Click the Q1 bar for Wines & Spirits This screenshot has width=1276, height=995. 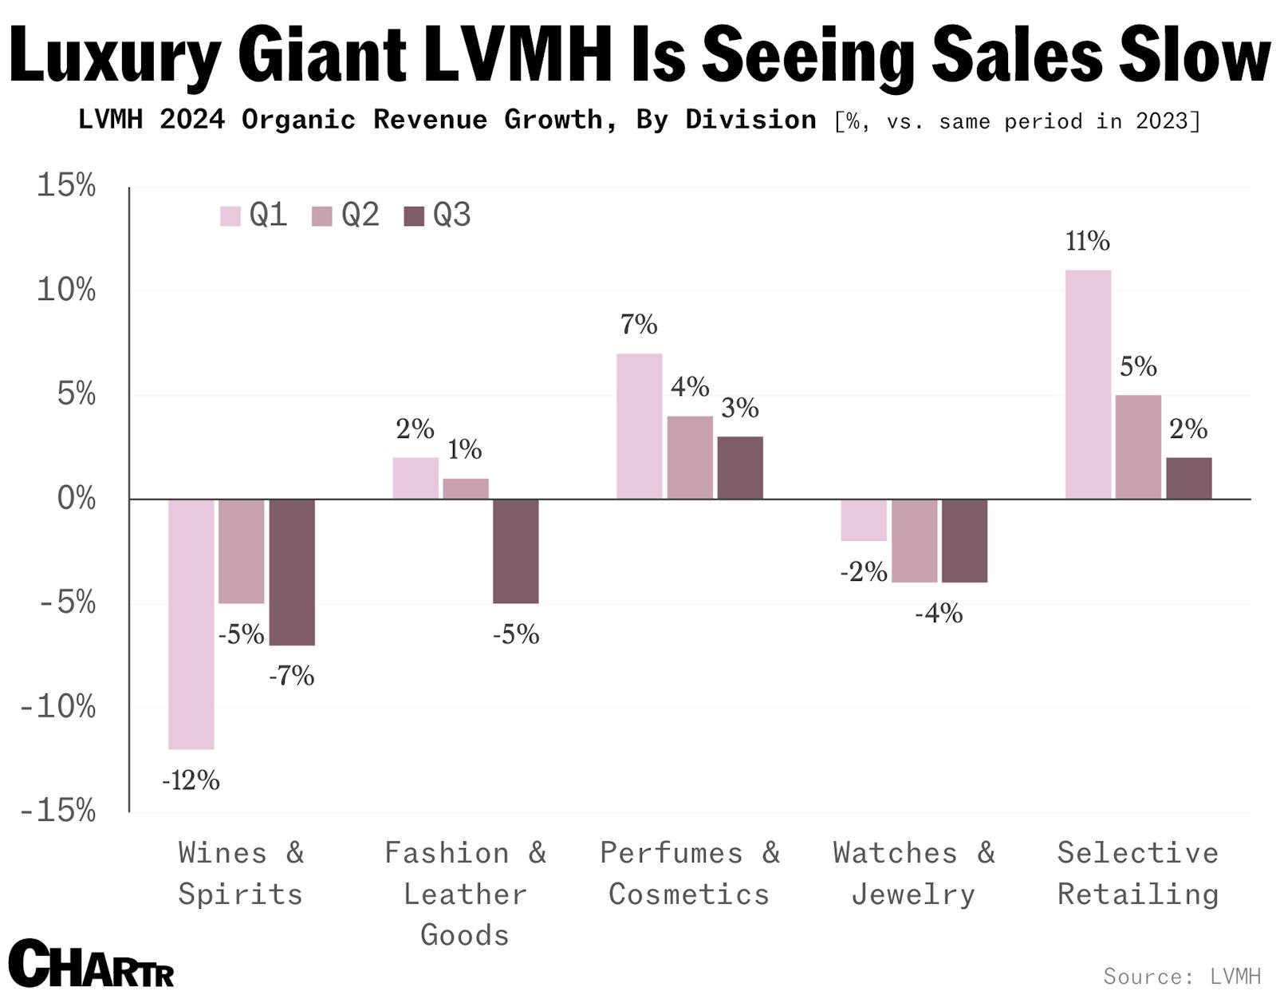coord(191,624)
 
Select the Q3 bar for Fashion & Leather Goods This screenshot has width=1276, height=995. coord(515,551)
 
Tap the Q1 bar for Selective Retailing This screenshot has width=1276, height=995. coord(1088,385)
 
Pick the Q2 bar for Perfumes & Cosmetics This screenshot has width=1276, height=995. coord(690,457)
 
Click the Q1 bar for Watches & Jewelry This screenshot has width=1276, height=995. coord(864,520)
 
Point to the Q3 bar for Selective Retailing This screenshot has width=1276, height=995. coord(1188,478)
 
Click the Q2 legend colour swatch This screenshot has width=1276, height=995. coord(322,216)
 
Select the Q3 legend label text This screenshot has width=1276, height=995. coord(452,215)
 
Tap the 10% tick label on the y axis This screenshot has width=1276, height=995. coord(66,290)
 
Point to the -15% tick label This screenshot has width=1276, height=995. coord(57,811)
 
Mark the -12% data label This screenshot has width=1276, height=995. coord(191,780)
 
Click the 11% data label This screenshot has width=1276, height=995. coord(1088,241)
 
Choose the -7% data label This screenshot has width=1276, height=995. coord(291,677)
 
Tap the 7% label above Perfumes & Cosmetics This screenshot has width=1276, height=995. coord(639,325)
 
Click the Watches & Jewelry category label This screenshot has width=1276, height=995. coord(914,874)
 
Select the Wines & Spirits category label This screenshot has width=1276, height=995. coord(241,874)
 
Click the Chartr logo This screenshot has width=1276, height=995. coord(92,964)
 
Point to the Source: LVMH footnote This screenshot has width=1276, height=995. coord(1182,976)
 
